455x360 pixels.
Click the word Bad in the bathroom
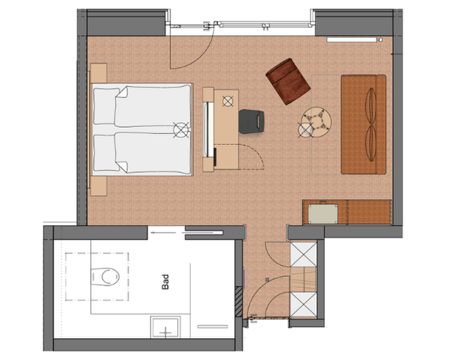(x=166, y=281)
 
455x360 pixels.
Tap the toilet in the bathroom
(x=104, y=275)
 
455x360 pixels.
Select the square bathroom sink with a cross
(x=166, y=329)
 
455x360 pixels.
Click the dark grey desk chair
(x=252, y=121)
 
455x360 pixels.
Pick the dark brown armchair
(x=288, y=81)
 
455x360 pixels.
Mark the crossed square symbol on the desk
(x=228, y=100)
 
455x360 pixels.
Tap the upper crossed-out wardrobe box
(x=303, y=254)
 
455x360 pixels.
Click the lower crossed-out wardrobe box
(x=303, y=304)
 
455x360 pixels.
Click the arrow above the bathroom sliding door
(x=166, y=230)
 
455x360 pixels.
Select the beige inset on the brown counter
(x=324, y=212)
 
